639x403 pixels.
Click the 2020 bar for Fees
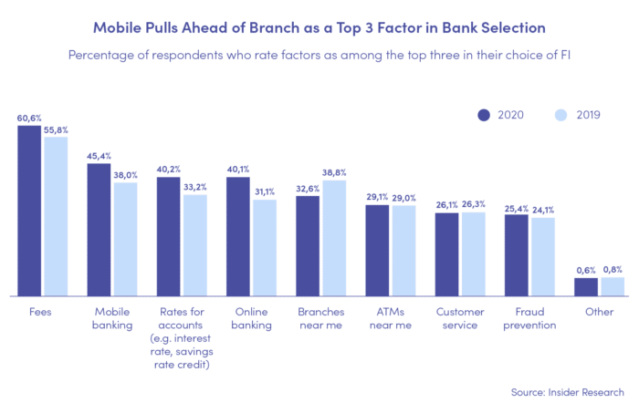(x=29, y=211)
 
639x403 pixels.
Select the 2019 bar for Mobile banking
(x=125, y=239)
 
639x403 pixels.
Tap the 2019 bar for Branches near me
(x=333, y=238)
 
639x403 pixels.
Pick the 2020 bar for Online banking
(x=238, y=236)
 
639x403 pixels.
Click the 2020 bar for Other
(x=585, y=287)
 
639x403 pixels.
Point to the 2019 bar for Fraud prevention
(x=542, y=257)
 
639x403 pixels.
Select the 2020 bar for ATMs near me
(x=377, y=251)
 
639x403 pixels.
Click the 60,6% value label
(x=29, y=119)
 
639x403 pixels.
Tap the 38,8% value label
(x=334, y=172)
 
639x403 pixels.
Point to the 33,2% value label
(x=195, y=187)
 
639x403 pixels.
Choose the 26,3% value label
(x=474, y=204)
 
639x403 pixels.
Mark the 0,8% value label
(x=612, y=269)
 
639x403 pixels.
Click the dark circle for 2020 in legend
(x=485, y=116)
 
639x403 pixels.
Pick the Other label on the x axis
(x=599, y=312)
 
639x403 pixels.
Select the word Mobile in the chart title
(x=120, y=27)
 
